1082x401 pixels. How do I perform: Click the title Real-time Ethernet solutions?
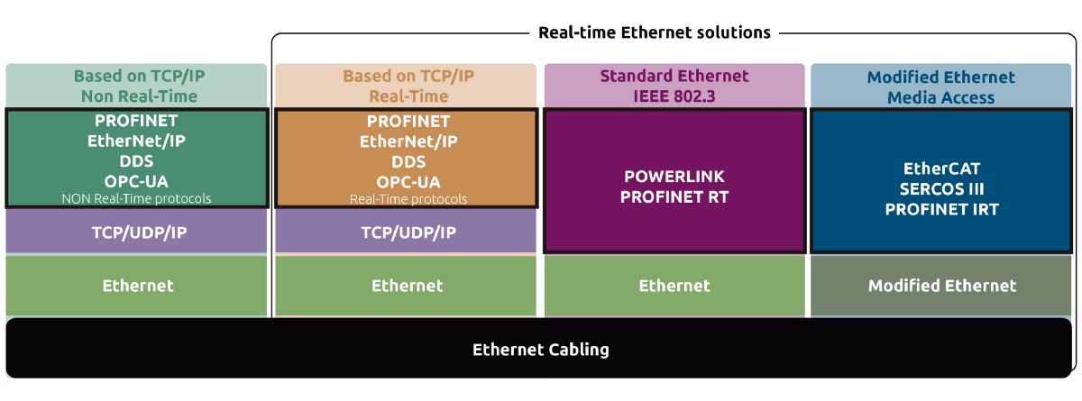[654, 32]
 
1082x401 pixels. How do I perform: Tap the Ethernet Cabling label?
[541, 349]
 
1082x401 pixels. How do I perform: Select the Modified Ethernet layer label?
[942, 286]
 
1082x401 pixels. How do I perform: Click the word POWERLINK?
[674, 176]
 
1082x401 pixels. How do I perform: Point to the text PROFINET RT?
[674, 196]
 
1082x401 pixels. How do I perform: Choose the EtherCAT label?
[941, 168]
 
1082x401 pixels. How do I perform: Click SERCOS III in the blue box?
[941, 188]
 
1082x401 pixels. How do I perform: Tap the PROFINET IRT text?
[941, 209]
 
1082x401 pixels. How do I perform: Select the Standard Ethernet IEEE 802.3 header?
[674, 87]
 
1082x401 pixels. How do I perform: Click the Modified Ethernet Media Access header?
[941, 87]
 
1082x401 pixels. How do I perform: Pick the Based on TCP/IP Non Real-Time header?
[136, 87]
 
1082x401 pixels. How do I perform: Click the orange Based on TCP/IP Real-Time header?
[408, 87]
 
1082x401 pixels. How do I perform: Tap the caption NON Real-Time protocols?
[136, 198]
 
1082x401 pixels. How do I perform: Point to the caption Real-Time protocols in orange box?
[408, 198]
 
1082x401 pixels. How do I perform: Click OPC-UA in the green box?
[136, 181]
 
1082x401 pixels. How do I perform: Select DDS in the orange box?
[408, 161]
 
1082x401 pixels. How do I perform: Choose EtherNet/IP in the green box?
[136, 141]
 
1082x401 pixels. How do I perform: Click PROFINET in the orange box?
[408, 120]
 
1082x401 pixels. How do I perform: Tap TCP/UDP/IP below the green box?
[136, 232]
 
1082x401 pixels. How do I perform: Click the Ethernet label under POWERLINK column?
[674, 286]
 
